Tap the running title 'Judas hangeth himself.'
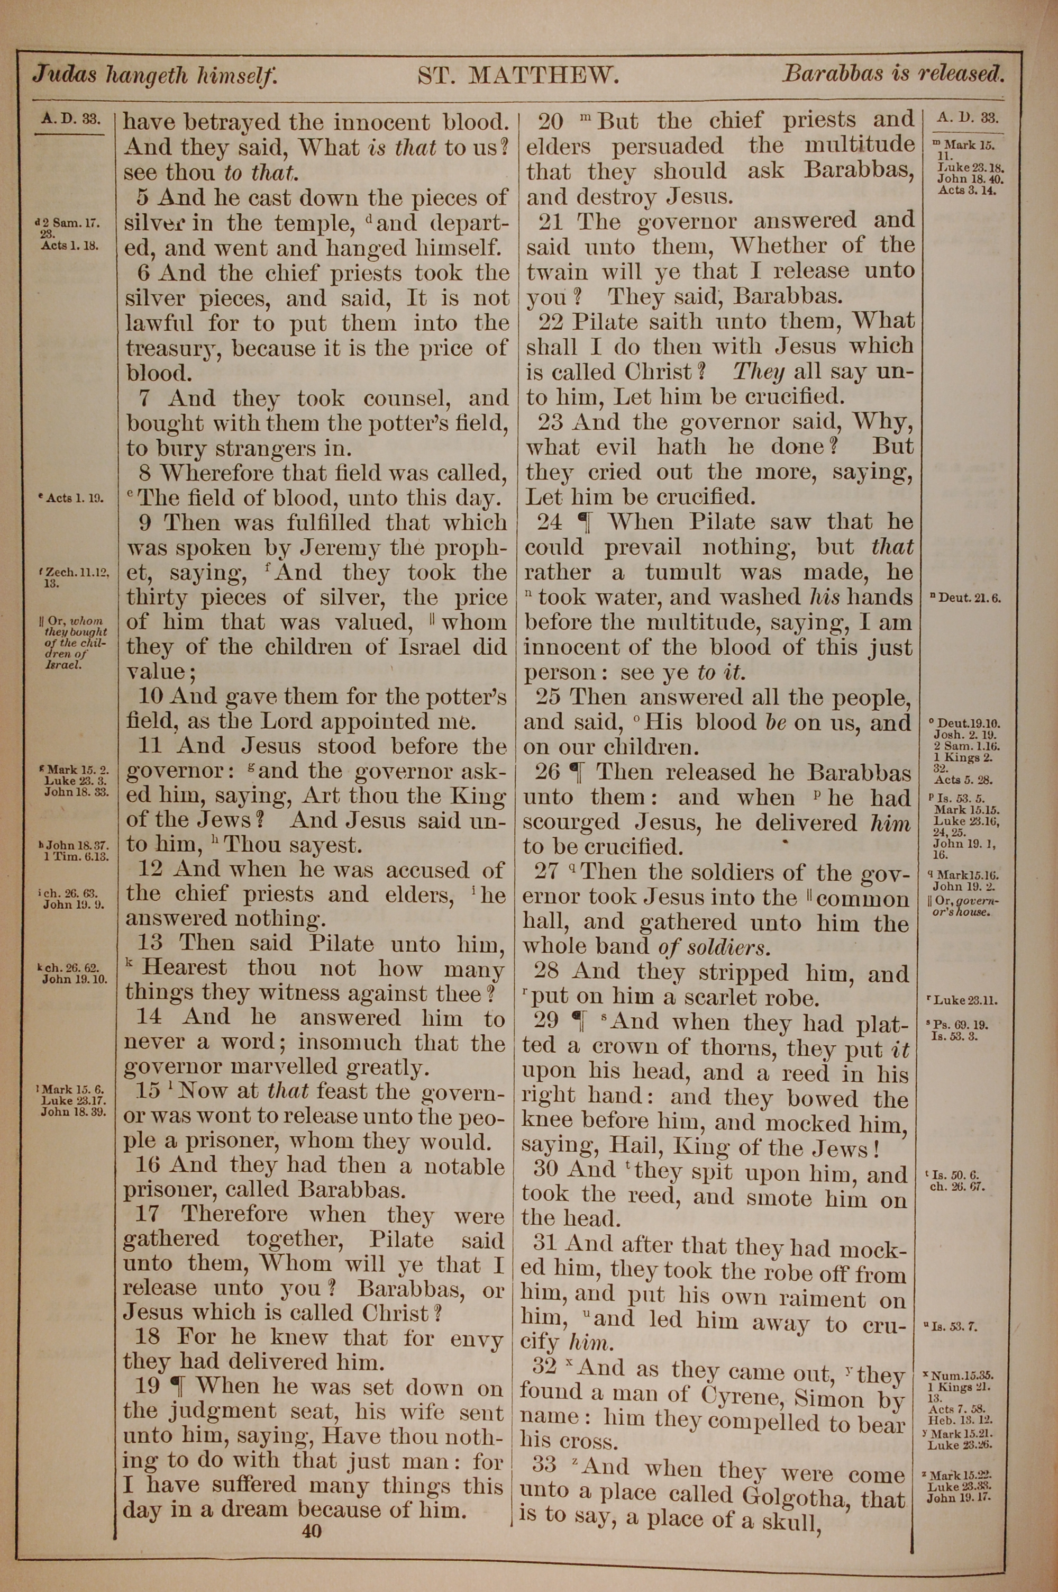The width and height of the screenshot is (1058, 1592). pyautogui.click(x=154, y=74)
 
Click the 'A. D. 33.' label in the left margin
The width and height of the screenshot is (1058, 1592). pyautogui.click(x=70, y=120)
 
